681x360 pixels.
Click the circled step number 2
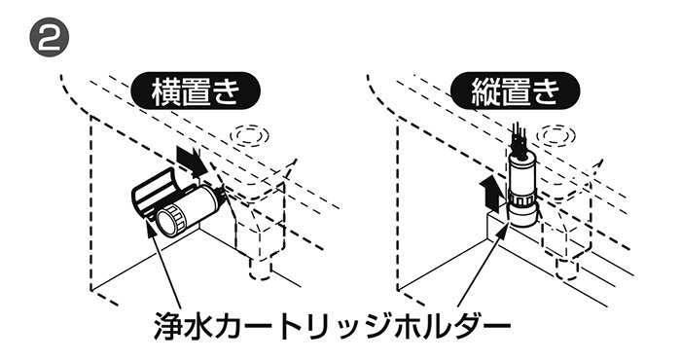49,37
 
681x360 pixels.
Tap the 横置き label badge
196,90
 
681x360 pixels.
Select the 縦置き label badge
516,90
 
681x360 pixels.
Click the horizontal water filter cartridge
189,209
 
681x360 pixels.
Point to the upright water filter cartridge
522,190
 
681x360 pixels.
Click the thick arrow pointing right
192,162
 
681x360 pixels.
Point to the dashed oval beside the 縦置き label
556,135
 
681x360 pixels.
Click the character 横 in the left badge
165,90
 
